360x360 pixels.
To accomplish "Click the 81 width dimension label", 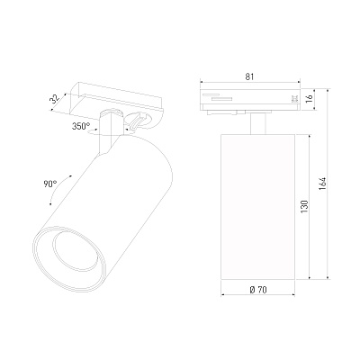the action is pos(249,76).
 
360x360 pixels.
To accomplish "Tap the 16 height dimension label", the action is pos(309,98).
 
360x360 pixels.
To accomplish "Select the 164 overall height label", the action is pos(322,184).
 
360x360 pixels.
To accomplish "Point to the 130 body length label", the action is pos(304,206).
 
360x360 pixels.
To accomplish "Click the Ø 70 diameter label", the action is pos(258,290).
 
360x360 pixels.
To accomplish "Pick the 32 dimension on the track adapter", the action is pos(56,99).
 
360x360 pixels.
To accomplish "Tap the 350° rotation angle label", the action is pos(81,126).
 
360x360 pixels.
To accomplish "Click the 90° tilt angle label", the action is pos(50,184).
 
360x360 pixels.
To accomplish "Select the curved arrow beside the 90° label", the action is pos(58,189).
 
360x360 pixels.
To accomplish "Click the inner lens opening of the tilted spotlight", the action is pos(76,249).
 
